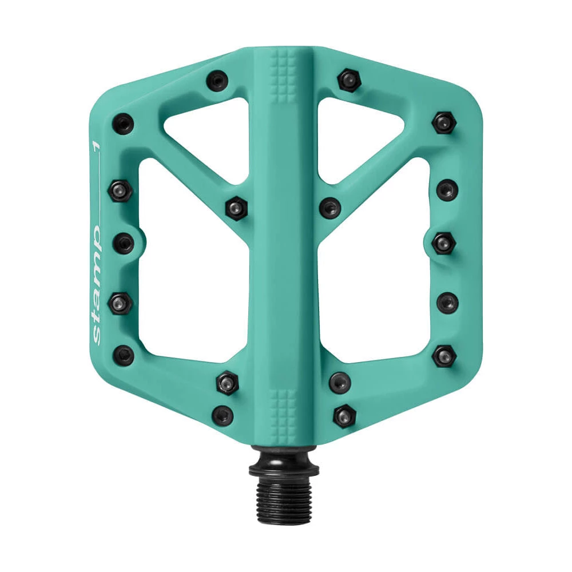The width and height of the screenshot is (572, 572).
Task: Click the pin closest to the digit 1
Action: click(124, 123)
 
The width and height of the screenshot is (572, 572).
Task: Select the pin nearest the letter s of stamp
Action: click(124, 355)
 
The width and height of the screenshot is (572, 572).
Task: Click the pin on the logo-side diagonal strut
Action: click(236, 207)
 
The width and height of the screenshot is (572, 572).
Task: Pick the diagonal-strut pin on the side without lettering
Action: click(330, 207)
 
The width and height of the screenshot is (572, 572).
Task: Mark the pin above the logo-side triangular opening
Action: click(218, 80)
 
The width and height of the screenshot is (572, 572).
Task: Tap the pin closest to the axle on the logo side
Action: click(223, 414)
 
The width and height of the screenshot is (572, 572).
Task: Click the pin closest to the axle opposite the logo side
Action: click(344, 414)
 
